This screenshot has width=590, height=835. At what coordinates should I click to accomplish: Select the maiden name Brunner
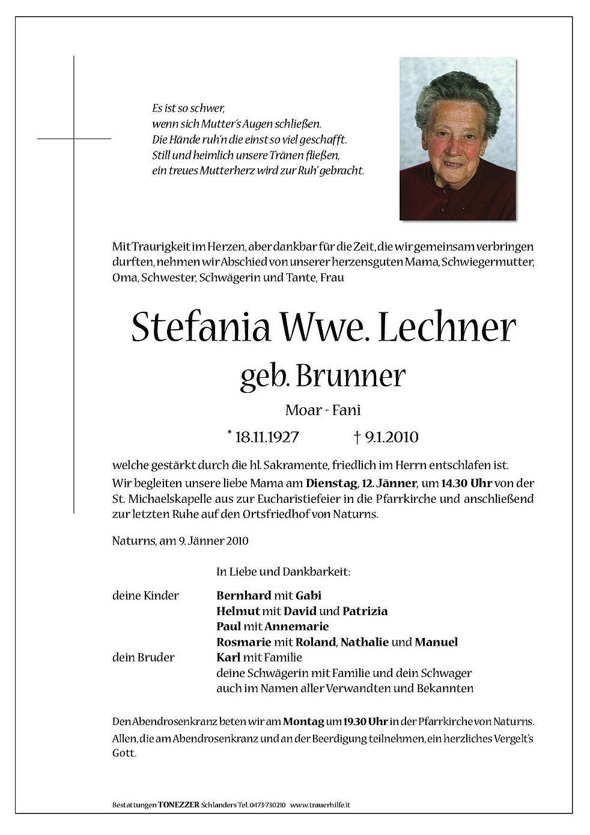[x=350, y=377]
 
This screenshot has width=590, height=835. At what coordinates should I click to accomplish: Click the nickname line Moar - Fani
[x=323, y=411]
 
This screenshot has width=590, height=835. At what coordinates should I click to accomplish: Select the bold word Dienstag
[x=330, y=483]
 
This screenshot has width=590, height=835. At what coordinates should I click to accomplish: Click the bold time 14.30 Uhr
[x=467, y=483]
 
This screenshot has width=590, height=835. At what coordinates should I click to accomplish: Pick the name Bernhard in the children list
[x=243, y=595]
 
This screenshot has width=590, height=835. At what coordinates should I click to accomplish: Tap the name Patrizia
[x=365, y=611]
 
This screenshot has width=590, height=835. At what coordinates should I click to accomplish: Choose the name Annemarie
[x=299, y=627]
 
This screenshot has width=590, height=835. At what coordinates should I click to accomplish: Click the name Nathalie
[x=364, y=642]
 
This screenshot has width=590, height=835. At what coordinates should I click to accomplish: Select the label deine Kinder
[x=145, y=595]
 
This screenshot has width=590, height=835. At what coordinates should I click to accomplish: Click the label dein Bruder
[x=143, y=657]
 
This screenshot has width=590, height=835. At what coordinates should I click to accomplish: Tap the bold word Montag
[x=303, y=721]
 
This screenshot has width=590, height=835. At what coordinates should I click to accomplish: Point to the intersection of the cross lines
[x=74, y=139]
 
